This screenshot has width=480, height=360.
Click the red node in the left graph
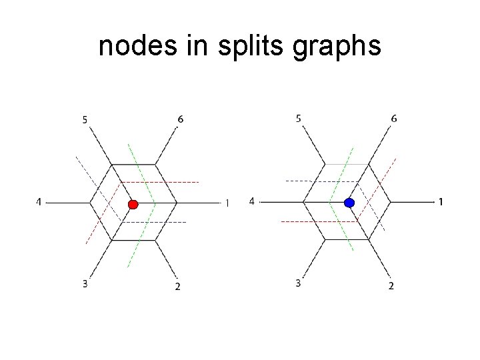(x=133, y=203)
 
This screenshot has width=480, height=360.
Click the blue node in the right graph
(x=349, y=202)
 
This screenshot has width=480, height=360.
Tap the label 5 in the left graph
(x=85, y=120)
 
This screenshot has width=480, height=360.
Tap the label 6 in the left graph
(x=181, y=119)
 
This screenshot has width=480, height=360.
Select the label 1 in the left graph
(x=227, y=203)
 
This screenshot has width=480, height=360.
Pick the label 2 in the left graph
(x=177, y=287)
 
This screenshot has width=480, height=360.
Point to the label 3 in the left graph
(x=85, y=284)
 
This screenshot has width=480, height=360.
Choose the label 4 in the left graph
(x=39, y=201)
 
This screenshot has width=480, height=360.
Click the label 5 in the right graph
(x=298, y=119)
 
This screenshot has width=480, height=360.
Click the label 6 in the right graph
(x=394, y=119)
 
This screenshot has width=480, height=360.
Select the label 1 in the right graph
(x=441, y=201)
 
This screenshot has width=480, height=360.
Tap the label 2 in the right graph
(x=391, y=286)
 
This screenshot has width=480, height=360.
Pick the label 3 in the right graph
(x=298, y=283)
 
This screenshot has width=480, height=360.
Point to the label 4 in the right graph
(x=251, y=201)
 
